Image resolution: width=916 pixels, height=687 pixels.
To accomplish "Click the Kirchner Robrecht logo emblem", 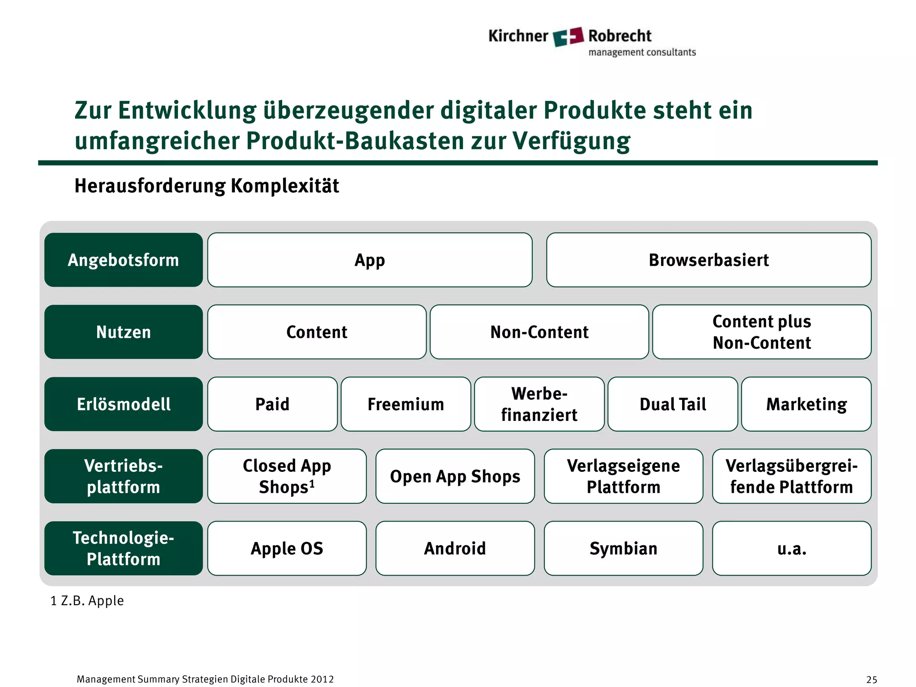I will click(568, 36).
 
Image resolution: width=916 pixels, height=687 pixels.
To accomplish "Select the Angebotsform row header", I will click(123, 260).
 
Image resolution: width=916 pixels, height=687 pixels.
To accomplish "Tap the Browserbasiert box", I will click(708, 260).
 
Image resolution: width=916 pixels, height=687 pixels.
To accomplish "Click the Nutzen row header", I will click(123, 332).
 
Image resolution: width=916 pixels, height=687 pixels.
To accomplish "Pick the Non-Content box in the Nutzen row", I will click(539, 332).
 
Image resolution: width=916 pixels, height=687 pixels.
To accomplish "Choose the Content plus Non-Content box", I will click(761, 332).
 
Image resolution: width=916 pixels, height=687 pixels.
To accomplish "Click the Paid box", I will click(272, 404).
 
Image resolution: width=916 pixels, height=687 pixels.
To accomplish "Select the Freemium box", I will click(406, 404).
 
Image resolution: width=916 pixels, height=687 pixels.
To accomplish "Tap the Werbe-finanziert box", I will click(539, 404).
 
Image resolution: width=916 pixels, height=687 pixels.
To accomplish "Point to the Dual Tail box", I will click(673, 404).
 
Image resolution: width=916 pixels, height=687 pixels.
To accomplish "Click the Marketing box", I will click(806, 404).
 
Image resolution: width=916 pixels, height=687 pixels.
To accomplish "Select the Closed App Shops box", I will click(287, 476).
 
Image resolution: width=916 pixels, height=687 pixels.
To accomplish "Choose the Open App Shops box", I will click(455, 476).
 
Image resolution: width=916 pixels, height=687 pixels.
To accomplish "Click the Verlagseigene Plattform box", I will click(623, 476).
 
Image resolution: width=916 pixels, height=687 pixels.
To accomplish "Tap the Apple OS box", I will click(287, 548).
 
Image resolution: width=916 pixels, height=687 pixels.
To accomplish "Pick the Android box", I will click(455, 548).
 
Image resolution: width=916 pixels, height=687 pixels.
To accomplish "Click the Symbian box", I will click(623, 548).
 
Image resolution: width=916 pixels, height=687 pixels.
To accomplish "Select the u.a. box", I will click(792, 548).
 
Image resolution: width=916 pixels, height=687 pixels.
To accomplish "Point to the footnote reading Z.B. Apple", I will click(87, 601).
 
